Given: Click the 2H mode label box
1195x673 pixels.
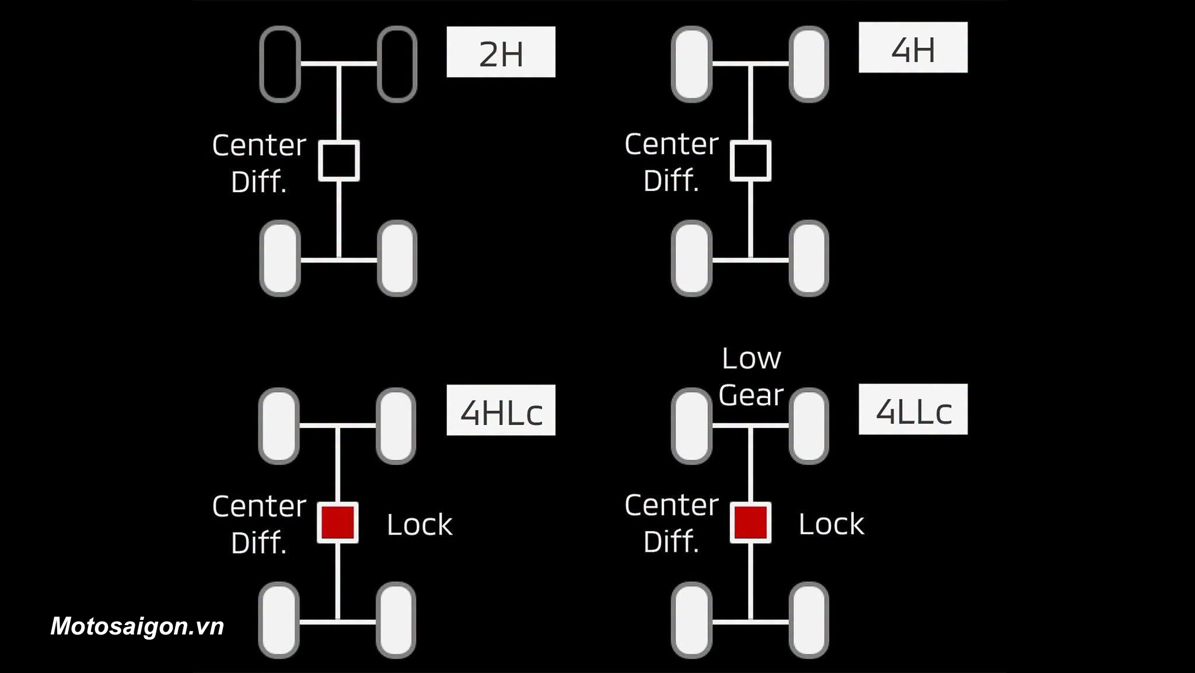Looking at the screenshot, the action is pyautogui.click(x=501, y=52).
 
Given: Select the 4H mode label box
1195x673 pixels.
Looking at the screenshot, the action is pyautogui.click(x=913, y=47).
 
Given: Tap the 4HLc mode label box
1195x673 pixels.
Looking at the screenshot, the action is pyautogui.click(x=501, y=410).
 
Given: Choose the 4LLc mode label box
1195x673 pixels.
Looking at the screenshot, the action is pyautogui.click(x=913, y=409).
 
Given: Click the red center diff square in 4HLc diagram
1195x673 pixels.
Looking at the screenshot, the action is pyautogui.click(x=338, y=522).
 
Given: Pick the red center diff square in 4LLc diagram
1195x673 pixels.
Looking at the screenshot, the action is pyautogui.click(x=750, y=522).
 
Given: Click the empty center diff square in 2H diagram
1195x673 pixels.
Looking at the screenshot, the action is pyautogui.click(x=338, y=161).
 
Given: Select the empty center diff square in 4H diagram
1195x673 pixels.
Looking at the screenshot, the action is pyautogui.click(x=750, y=161).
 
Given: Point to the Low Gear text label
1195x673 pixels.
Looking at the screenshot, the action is pyautogui.click(x=751, y=377).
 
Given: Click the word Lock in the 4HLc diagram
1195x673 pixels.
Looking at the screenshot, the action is pyautogui.click(x=420, y=524).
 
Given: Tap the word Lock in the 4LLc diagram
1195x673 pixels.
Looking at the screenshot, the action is pyautogui.click(x=831, y=524).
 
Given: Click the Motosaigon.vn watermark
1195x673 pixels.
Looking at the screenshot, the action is pyautogui.click(x=137, y=626).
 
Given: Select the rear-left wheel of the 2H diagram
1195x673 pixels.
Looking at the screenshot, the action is pyautogui.click(x=280, y=258).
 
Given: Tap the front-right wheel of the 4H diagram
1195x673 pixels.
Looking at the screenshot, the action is pyautogui.click(x=809, y=64).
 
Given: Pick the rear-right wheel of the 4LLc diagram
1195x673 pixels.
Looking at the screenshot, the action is pyautogui.click(x=809, y=620).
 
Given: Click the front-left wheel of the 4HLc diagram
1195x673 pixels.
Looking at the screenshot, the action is pyautogui.click(x=279, y=426).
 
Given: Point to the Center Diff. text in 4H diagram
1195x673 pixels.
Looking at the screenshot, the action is pyautogui.click(x=672, y=162).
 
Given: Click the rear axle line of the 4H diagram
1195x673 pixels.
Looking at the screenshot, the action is pyautogui.click(x=750, y=260).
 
